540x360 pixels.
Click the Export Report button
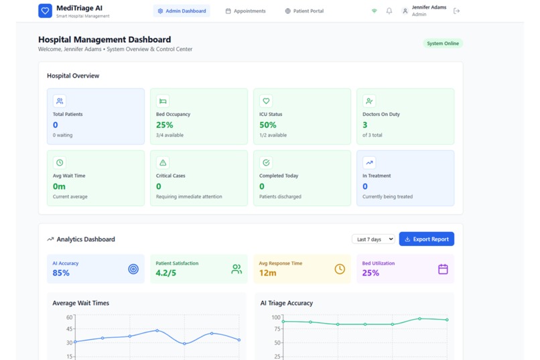pyautogui.click(x=426, y=239)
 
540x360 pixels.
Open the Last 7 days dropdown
pyautogui.click(x=373, y=239)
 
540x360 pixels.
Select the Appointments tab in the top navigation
pyautogui.click(x=245, y=11)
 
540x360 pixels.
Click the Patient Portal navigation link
pyautogui.click(x=304, y=11)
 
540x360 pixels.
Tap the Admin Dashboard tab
pyautogui.click(x=182, y=11)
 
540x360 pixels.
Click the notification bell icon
pyautogui.click(x=389, y=11)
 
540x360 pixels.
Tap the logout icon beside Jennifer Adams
pyautogui.click(x=457, y=11)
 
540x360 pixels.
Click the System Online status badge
pyautogui.click(x=443, y=44)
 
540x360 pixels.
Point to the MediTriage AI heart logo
pyautogui.click(x=45, y=11)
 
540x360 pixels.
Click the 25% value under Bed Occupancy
pyautogui.click(x=164, y=125)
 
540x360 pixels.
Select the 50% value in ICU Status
pyautogui.click(x=268, y=125)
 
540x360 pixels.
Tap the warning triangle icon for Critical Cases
pyautogui.click(x=163, y=162)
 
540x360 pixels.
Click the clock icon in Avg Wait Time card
pyautogui.click(x=60, y=162)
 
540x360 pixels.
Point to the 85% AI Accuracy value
pyautogui.click(x=61, y=273)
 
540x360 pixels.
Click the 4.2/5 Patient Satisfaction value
pyautogui.click(x=166, y=273)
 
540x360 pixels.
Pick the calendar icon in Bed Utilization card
pyautogui.click(x=443, y=269)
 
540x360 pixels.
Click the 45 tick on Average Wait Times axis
pyautogui.click(x=69, y=329)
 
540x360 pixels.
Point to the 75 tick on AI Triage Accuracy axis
pyautogui.click(x=276, y=329)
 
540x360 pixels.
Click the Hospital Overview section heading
pyautogui.click(x=73, y=76)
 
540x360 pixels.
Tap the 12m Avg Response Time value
pyautogui.click(x=267, y=273)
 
